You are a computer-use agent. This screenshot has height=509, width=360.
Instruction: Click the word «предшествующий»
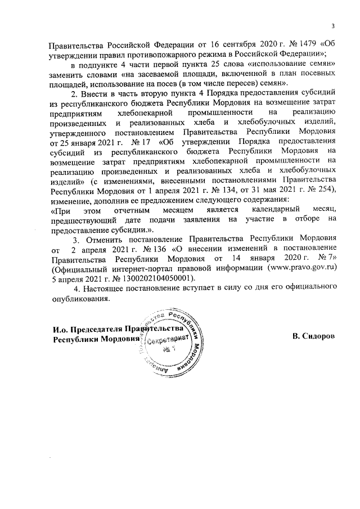click(x=81, y=220)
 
